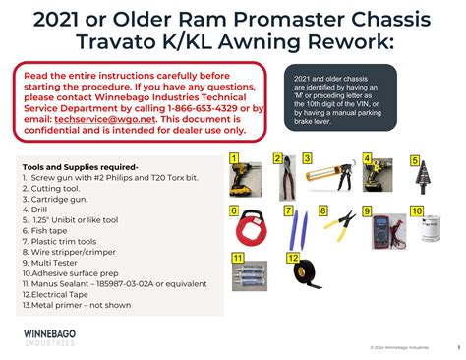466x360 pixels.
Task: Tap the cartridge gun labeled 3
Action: [x=328, y=178]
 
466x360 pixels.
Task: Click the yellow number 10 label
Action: [x=416, y=210]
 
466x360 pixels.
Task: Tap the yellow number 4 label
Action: [x=367, y=158]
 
